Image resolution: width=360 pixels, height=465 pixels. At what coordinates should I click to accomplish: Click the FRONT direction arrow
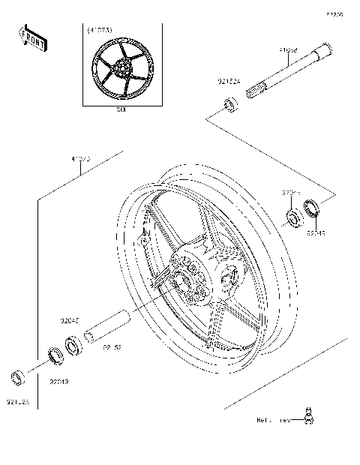point(32,38)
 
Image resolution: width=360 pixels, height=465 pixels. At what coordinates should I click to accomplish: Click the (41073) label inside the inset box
point(100,30)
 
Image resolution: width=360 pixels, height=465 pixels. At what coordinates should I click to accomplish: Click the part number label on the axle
point(288,51)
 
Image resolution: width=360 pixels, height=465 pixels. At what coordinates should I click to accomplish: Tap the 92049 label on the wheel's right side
point(316,232)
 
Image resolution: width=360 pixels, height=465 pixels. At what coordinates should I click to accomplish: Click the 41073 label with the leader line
point(81,158)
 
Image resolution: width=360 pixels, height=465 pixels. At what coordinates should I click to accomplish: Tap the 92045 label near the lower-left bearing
point(70,320)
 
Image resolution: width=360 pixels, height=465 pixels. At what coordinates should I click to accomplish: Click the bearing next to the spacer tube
point(74,345)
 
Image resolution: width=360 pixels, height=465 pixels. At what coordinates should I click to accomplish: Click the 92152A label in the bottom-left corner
point(18,402)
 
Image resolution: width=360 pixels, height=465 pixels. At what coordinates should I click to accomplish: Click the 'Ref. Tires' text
point(273,421)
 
